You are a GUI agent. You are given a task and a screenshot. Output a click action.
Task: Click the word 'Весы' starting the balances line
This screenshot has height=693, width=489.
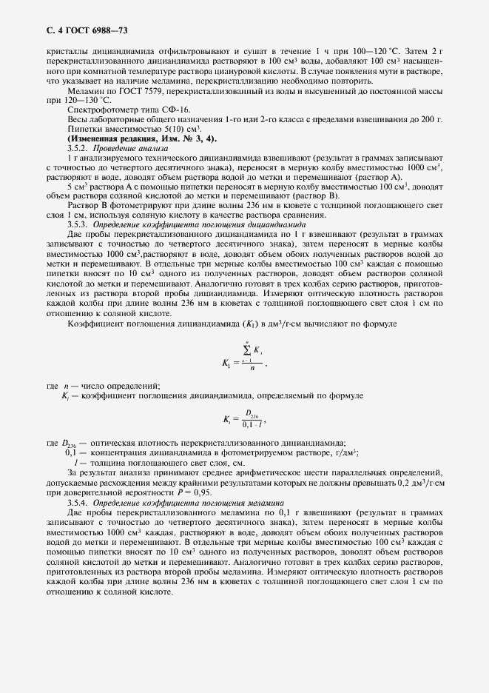tap(77, 119)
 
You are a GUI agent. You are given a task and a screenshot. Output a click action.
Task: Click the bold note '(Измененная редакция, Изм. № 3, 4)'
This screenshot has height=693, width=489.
tap(142, 138)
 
